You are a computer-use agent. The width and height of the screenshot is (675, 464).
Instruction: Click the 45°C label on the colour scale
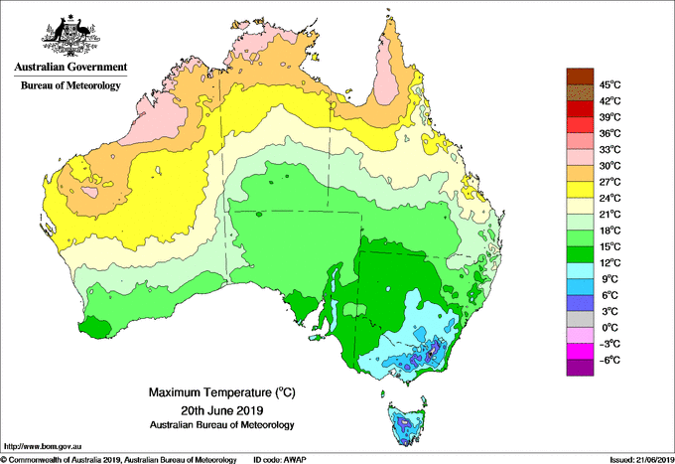pos(610,84)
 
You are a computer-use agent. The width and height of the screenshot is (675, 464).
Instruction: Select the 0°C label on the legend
pos(609,328)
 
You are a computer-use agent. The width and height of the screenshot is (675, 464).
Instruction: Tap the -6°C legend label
pos(609,360)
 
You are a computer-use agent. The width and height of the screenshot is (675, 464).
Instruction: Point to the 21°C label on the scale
pos(610,215)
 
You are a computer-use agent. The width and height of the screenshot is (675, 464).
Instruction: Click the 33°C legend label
pos(610,149)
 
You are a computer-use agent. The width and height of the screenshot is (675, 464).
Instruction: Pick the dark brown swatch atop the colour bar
pos(580,77)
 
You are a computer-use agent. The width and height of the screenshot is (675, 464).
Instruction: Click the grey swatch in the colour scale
pos(580,319)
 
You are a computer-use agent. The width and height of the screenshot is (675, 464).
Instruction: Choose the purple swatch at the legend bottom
pos(580,368)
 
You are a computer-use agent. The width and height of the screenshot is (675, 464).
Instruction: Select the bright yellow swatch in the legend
pos(580,190)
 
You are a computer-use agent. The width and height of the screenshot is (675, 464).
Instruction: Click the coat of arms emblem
pos(70,36)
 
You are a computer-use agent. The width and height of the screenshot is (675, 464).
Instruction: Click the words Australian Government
pos(70,67)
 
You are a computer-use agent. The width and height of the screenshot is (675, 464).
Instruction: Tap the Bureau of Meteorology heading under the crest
pos(70,85)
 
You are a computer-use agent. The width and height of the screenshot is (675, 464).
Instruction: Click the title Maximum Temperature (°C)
pos(222,392)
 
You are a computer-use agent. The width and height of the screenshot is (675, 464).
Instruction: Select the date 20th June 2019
pos(222,409)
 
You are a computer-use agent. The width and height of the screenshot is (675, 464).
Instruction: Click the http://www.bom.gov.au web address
pos(43,447)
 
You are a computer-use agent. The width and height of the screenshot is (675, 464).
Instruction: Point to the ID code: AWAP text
pos(280,460)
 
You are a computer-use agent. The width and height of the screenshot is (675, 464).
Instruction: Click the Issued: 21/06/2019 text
pos(642,460)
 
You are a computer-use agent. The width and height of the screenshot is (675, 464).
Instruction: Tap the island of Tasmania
pos(407,423)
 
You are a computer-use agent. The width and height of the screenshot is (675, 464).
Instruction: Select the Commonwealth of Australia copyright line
pos(119,460)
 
